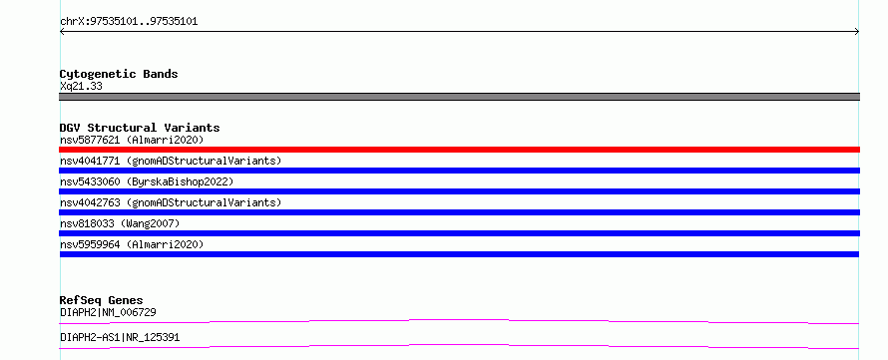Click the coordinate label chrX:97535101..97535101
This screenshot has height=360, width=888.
(x=129, y=22)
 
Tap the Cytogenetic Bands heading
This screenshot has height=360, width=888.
(x=119, y=74)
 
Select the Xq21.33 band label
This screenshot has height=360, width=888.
(x=81, y=87)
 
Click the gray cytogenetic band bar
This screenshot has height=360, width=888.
(x=459, y=97)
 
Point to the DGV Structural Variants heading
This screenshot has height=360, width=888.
(x=140, y=128)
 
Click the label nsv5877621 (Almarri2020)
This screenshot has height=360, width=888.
(x=132, y=140)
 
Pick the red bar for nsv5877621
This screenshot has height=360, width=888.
(x=459, y=150)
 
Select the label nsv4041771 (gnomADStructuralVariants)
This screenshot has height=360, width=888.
(x=171, y=161)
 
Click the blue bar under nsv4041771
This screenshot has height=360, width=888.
(x=459, y=171)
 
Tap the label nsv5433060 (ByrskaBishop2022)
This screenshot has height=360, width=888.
(x=147, y=181)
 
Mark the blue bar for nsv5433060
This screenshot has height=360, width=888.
(x=459, y=191)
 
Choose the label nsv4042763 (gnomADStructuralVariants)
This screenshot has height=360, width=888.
(x=171, y=202)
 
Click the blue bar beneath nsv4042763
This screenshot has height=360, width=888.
(x=459, y=212)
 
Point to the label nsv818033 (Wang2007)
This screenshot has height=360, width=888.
(x=120, y=223)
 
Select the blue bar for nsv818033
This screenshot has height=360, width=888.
(x=459, y=233)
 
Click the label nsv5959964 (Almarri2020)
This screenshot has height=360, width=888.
(x=132, y=244)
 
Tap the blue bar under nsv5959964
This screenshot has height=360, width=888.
(x=459, y=254)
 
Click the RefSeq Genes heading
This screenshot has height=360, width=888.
(x=102, y=300)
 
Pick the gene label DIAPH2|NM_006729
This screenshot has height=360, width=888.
(x=108, y=312)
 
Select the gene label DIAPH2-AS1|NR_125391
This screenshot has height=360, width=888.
(x=120, y=337)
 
